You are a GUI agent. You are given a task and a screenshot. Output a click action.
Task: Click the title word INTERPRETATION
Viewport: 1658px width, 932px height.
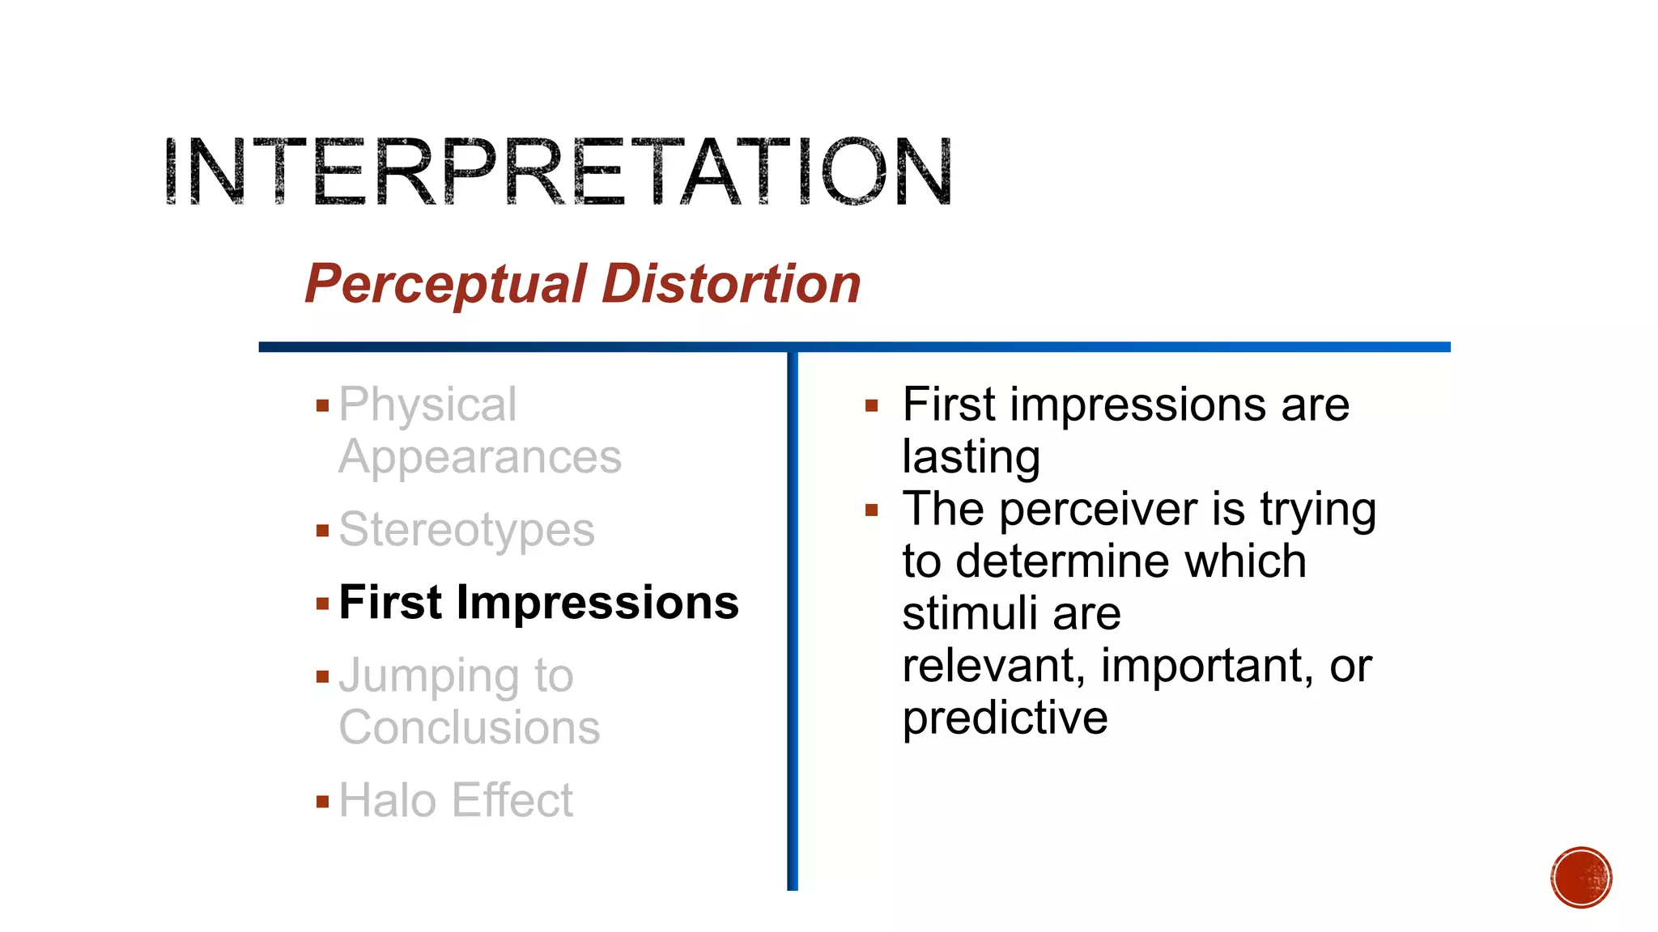click(x=558, y=172)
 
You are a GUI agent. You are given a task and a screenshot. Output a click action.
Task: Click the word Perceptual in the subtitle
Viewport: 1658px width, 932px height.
click(x=444, y=285)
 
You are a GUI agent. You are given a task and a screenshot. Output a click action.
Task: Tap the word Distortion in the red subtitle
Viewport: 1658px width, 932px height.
click(x=731, y=285)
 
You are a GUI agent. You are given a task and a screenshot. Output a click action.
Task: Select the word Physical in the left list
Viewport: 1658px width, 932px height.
click(x=427, y=405)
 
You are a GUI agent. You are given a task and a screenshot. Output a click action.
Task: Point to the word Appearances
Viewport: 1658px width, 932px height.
click(x=480, y=457)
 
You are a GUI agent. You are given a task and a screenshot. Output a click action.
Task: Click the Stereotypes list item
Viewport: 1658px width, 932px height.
click(x=466, y=530)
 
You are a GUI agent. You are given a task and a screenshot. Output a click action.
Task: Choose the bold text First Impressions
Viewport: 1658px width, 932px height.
click(x=538, y=603)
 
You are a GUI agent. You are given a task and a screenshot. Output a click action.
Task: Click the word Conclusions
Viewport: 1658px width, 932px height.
click(x=470, y=727)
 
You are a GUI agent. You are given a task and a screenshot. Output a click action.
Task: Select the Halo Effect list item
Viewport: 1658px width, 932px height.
click(x=456, y=801)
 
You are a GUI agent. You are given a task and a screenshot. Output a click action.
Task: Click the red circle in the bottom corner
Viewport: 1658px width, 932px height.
click(x=1581, y=878)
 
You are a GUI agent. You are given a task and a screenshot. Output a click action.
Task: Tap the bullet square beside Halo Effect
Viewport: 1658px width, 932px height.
click(x=323, y=803)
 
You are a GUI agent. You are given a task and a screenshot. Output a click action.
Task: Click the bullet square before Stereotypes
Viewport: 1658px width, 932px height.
click(x=323, y=532)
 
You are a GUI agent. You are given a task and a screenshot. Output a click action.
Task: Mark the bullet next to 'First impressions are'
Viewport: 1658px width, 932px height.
click(x=872, y=406)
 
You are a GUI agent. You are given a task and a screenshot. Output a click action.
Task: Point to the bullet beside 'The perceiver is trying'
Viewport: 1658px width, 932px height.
click(x=872, y=510)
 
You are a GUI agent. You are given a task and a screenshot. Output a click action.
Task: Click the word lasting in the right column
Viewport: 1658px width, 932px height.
click(x=971, y=457)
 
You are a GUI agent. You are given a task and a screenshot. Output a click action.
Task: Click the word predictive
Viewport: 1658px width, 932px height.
click(x=1005, y=718)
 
